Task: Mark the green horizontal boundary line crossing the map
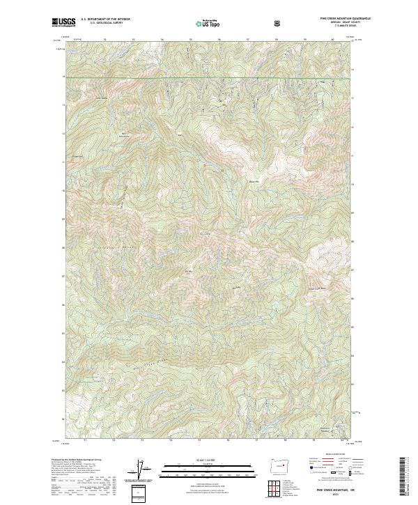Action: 209,77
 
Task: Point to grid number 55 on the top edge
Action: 190,40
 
